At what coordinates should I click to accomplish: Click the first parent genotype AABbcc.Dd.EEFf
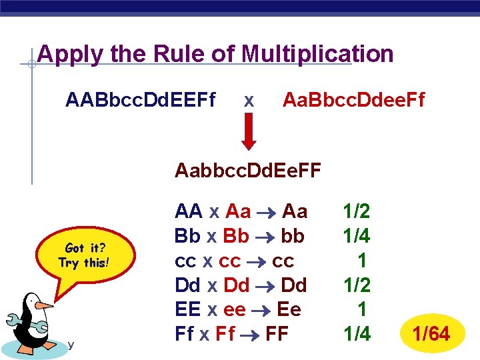(x=141, y=101)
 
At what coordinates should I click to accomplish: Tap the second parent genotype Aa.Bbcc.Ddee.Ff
(x=353, y=101)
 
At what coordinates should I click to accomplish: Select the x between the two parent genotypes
(x=248, y=101)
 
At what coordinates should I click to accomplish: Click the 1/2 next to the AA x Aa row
(x=356, y=212)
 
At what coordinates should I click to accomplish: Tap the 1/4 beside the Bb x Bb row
(x=356, y=236)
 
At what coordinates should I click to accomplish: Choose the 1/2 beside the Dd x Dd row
(x=356, y=285)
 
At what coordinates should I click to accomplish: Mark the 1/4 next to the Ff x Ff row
(x=356, y=333)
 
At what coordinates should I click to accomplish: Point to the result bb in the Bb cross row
(x=293, y=236)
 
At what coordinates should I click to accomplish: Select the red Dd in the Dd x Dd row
(x=237, y=285)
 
